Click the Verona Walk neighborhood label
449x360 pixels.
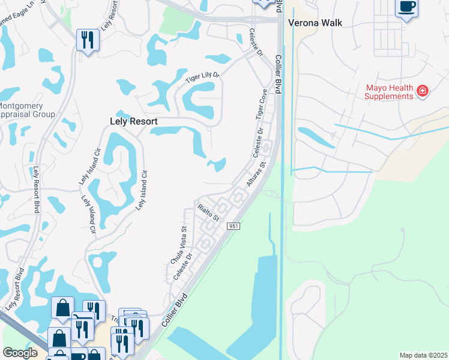point(315,23)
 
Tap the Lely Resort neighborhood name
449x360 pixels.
point(134,121)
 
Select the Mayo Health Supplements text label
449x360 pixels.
point(390,92)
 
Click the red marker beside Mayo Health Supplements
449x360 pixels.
point(423,91)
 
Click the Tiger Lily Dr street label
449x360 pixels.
point(203,77)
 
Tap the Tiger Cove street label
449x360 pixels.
point(261,104)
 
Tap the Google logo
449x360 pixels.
point(20,353)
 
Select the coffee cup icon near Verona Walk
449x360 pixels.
point(406,7)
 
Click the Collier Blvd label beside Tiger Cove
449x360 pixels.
point(279,74)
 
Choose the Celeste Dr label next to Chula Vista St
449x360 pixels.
point(182,266)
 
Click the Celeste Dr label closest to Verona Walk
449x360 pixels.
point(256,43)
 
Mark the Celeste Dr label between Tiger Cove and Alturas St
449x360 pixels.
point(259,139)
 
